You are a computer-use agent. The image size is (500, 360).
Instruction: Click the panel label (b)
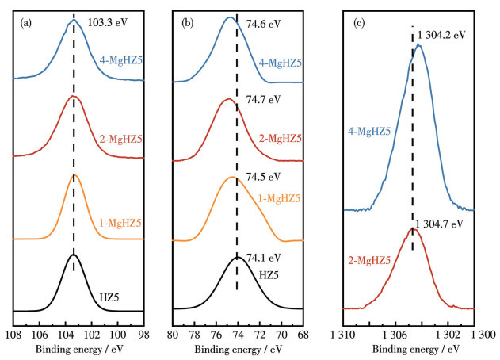click(187, 22)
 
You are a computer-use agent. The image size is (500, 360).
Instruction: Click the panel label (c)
click(359, 22)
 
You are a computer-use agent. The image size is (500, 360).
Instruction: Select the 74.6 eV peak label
click(263, 24)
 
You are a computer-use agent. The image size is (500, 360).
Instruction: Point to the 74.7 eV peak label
click(263, 101)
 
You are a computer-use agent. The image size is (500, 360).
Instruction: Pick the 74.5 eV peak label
click(263, 178)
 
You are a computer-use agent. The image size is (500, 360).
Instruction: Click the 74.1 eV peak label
click(263, 258)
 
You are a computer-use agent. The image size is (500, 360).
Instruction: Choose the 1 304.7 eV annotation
click(441, 224)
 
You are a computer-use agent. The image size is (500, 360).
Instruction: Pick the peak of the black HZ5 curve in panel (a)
click(74, 255)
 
